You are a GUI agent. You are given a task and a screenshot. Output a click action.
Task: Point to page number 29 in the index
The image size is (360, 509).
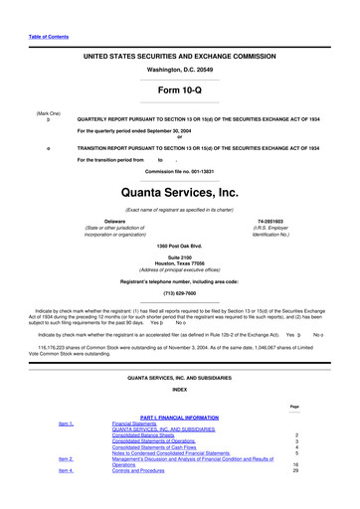pyautogui.click(x=294, y=470)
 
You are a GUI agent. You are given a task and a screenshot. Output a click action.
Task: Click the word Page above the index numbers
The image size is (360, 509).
pyautogui.click(x=294, y=406)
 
